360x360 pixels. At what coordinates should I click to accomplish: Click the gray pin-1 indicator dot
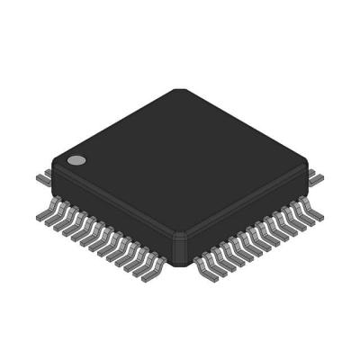pyautogui.click(x=76, y=162)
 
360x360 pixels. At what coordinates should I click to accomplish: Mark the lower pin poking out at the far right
pyautogui.click(x=317, y=180)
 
